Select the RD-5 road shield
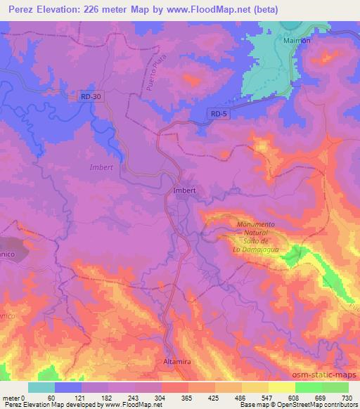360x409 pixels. point(219,113)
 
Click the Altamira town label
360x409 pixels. point(178,361)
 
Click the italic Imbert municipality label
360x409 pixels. point(101,168)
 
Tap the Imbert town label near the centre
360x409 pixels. point(184,190)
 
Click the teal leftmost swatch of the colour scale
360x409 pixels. point(41,387)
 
